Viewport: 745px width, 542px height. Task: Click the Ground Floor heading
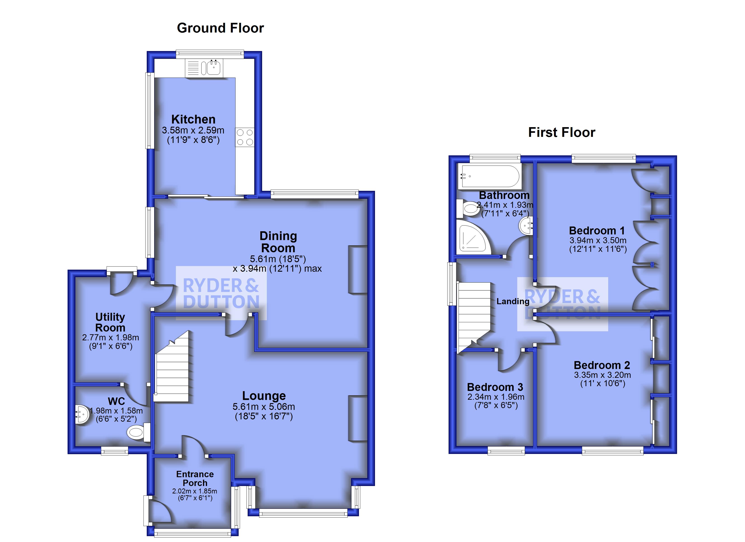pyautogui.click(x=220, y=28)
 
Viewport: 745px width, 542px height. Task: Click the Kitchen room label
pyautogui.click(x=193, y=119)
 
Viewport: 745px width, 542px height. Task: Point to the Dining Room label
pyautogui.click(x=278, y=242)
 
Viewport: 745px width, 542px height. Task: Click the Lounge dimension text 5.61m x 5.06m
pyautogui.click(x=263, y=406)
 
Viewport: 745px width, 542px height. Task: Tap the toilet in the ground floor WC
pyautogui.click(x=136, y=432)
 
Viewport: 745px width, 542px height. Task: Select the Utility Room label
pyautogui.click(x=110, y=322)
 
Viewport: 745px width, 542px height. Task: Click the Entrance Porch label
pyautogui.click(x=195, y=478)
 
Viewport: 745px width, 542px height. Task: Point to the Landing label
pyautogui.click(x=512, y=301)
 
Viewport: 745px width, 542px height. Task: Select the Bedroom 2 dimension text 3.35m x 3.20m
pyautogui.click(x=602, y=375)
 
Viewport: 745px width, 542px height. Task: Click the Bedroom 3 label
pyautogui.click(x=495, y=387)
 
